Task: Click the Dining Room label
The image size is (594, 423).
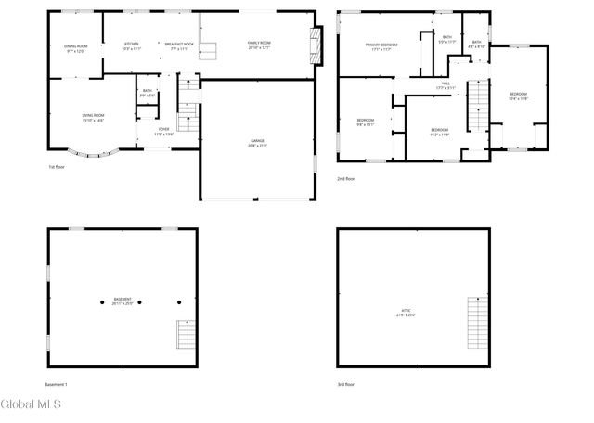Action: (x=76, y=48)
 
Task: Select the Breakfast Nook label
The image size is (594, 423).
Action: (x=179, y=46)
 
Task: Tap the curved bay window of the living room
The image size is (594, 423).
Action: (x=90, y=153)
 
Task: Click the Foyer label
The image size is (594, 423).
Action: (x=163, y=131)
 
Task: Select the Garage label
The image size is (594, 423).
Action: (x=257, y=143)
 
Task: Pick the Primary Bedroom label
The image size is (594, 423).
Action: (x=381, y=46)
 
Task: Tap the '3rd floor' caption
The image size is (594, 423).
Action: (x=346, y=384)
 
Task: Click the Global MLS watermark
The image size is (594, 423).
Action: (x=31, y=404)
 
